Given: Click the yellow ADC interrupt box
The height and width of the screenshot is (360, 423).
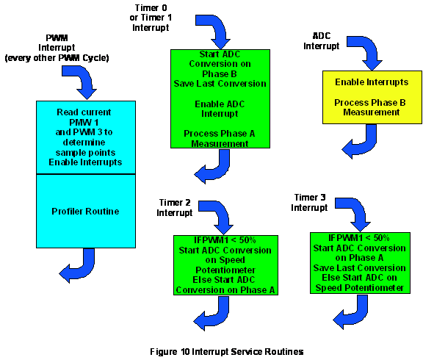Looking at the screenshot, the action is click(372, 98).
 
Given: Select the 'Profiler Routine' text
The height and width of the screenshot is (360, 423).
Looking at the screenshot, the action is click(85, 211).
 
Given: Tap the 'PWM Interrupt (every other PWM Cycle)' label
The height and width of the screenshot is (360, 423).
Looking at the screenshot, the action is click(57, 48).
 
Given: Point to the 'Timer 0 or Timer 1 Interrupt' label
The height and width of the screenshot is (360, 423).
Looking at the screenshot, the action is click(151, 18).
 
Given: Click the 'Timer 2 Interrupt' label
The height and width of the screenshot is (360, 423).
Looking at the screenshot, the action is click(175, 207).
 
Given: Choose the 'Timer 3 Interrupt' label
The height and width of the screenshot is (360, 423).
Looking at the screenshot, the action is click(309, 202).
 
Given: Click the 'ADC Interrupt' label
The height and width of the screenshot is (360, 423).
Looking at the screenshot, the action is click(322, 41).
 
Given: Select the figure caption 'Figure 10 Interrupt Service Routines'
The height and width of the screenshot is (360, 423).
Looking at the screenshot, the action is click(227, 352).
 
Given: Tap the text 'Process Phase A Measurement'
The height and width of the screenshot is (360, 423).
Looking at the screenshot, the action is click(220, 138).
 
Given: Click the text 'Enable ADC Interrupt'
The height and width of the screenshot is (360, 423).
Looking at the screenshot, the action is click(220, 109).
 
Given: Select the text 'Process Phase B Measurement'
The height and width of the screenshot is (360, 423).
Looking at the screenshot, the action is click(370, 107).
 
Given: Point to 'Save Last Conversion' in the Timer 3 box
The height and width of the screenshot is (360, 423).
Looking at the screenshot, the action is click(360, 267).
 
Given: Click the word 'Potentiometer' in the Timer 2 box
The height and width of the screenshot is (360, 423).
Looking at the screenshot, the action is click(225, 270).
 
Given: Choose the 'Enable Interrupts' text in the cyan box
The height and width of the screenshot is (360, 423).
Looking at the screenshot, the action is click(85, 162).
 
